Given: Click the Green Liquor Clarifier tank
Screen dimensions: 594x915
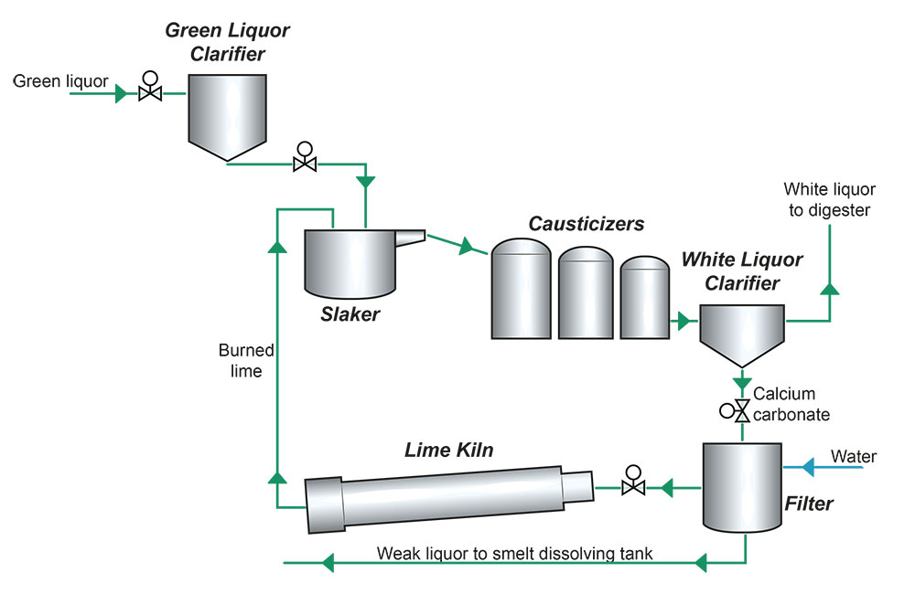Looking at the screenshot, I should click(226, 111).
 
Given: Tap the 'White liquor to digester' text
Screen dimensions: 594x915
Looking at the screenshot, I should click(829, 200).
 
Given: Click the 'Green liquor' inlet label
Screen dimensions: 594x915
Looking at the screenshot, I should click(60, 81).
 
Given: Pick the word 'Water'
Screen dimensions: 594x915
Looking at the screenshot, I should click(854, 455).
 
